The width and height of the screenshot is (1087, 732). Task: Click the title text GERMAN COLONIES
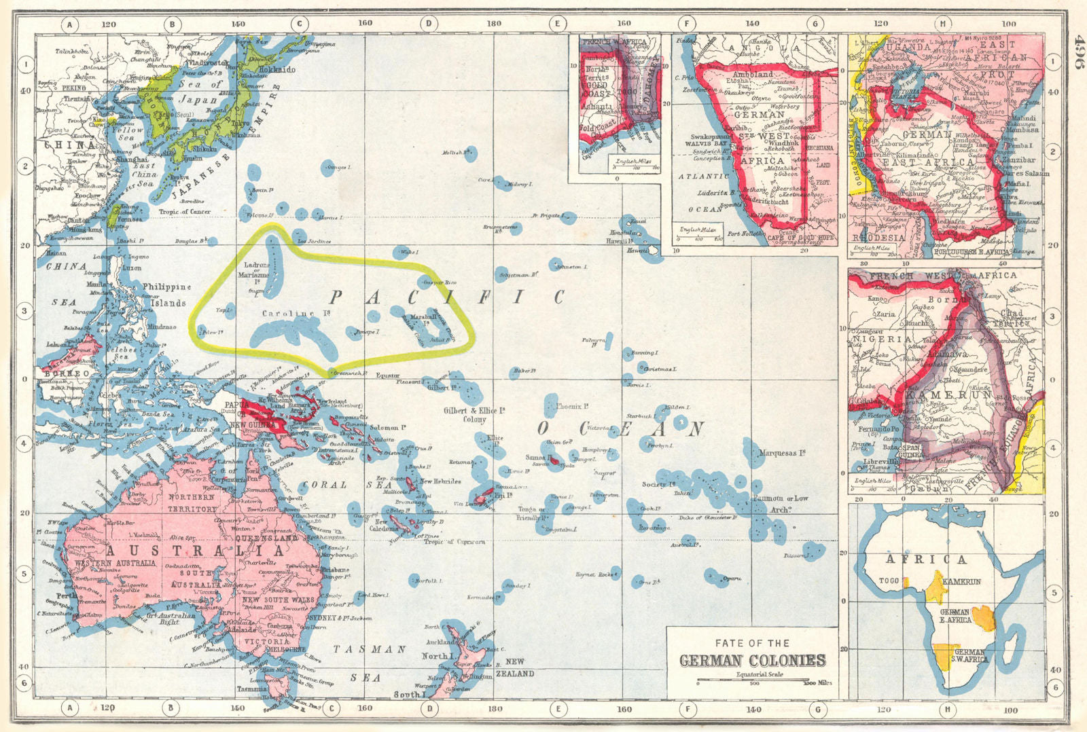pyautogui.click(x=752, y=660)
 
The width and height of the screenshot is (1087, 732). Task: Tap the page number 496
pyautogui.click(x=1075, y=51)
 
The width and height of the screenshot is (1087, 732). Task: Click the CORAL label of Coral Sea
pyautogui.click(x=325, y=485)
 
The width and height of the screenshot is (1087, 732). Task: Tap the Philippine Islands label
pyautogui.click(x=167, y=295)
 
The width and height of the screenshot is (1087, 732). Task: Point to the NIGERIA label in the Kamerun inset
pyautogui.click(x=882, y=339)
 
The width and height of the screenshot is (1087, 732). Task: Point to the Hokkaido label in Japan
pyautogui.click(x=277, y=69)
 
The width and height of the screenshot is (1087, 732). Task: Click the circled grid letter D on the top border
pyautogui.click(x=429, y=24)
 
